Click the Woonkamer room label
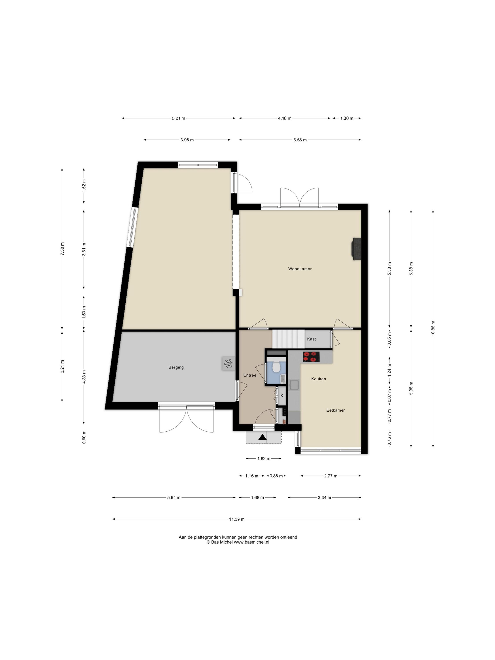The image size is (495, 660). (x=300, y=269)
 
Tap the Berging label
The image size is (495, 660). (x=176, y=367)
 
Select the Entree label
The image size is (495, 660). (x=250, y=375)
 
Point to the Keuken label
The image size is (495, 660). (x=318, y=379)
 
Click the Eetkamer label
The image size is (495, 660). (x=335, y=410)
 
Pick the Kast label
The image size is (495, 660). (x=311, y=339)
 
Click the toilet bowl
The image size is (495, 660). (x=276, y=367)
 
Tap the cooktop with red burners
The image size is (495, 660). (x=311, y=357)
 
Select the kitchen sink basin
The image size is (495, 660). (x=294, y=385)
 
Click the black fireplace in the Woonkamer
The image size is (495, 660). (x=357, y=249)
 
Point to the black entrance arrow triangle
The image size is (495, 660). (x=262, y=437)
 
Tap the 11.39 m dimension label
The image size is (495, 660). (x=236, y=519)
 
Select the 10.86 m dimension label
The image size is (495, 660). (x=433, y=328)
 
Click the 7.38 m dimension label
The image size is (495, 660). (x=62, y=249)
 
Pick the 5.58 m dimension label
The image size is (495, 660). (x=300, y=140)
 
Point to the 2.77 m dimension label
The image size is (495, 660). (x=331, y=476)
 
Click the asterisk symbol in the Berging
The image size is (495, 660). (x=228, y=363)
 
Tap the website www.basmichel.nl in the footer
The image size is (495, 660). (x=251, y=542)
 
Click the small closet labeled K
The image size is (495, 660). (x=282, y=396)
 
